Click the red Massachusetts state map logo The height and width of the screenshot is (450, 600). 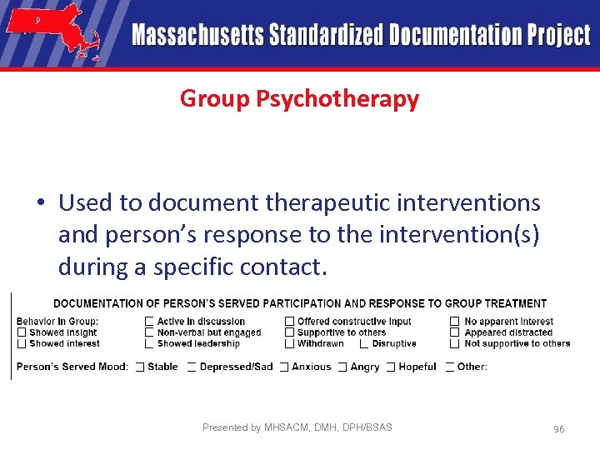pyautogui.click(x=52, y=31)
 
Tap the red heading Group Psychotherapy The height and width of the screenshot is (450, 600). pyautogui.click(x=299, y=99)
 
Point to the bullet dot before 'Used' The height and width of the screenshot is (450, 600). pyautogui.click(x=40, y=203)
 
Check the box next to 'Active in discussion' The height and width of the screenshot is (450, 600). pyautogui.click(x=149, y=322)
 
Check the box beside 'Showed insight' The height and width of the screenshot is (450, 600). pyautogui.click(x=22, y=332)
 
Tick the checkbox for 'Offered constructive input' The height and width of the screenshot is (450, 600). pyautogui.click(x=289, y=322)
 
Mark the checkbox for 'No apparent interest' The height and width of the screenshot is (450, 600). pyautogui.click(x=455, y=322)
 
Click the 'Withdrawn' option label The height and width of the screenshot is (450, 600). pyautogui.click(x=321, y=343)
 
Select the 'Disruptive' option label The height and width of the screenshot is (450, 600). pyautogui.click(x=394, y=343)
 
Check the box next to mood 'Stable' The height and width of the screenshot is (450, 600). pyautogui.click(x=140, y=367)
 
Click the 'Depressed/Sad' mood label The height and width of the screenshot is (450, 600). pyautogui.click(x=236, y=367)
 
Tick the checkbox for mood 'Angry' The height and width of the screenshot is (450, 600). pyautogui.click(x=342, y=367)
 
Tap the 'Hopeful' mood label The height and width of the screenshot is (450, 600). pyautogui.click(x=417, y=367)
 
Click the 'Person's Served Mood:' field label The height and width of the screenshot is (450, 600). pyautogui.click(x=72, y=367)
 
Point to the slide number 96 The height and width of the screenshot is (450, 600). pyautogui.click(x=558, y=428)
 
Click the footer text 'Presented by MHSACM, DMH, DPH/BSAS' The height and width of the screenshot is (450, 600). pyautogui.click(x=297, y=427)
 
